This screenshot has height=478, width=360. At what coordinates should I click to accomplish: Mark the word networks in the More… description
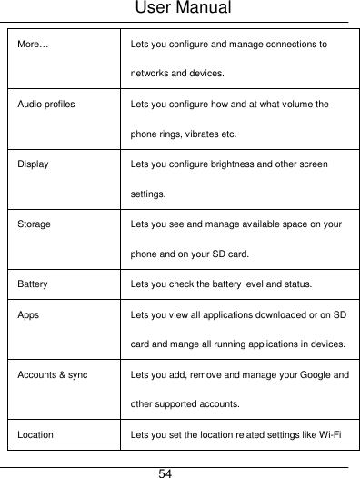point(151,74)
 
